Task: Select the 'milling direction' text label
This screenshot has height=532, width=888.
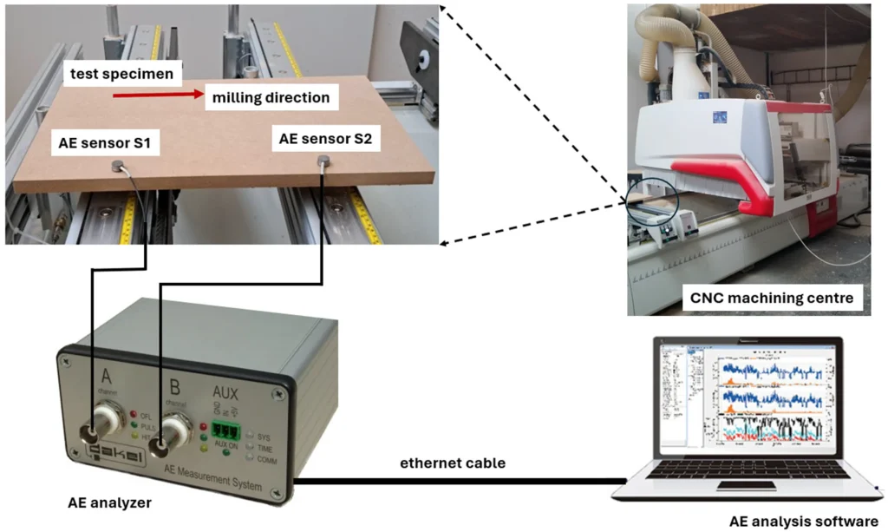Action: pyautogui.click(x=271, y=97)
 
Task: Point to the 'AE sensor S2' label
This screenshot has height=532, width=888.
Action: pyautogui.click(x=325, y=136)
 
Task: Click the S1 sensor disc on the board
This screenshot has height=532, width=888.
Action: pyautogui.click(x=117, y=166)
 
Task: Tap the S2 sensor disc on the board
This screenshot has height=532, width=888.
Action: pyautogui.click(x=324, y=160)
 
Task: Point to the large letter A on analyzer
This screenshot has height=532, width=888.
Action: pyautogui.click(x=106, y=375)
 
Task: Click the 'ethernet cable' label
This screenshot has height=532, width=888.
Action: pyautogui.click(x=453, y=463)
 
